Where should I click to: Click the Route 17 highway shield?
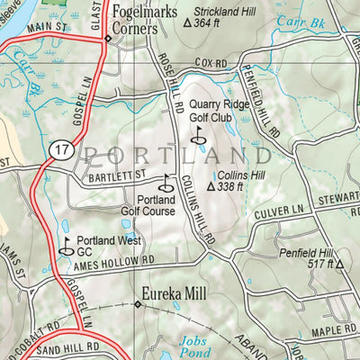[60, 150]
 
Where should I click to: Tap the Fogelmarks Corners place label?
[140, 19]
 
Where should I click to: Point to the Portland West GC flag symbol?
[67, 242]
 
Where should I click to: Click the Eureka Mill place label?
[176, 293]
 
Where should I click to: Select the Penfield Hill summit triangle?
[340, 265]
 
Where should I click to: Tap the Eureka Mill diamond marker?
[137, 304]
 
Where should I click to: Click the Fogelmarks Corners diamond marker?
[107, 39]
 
